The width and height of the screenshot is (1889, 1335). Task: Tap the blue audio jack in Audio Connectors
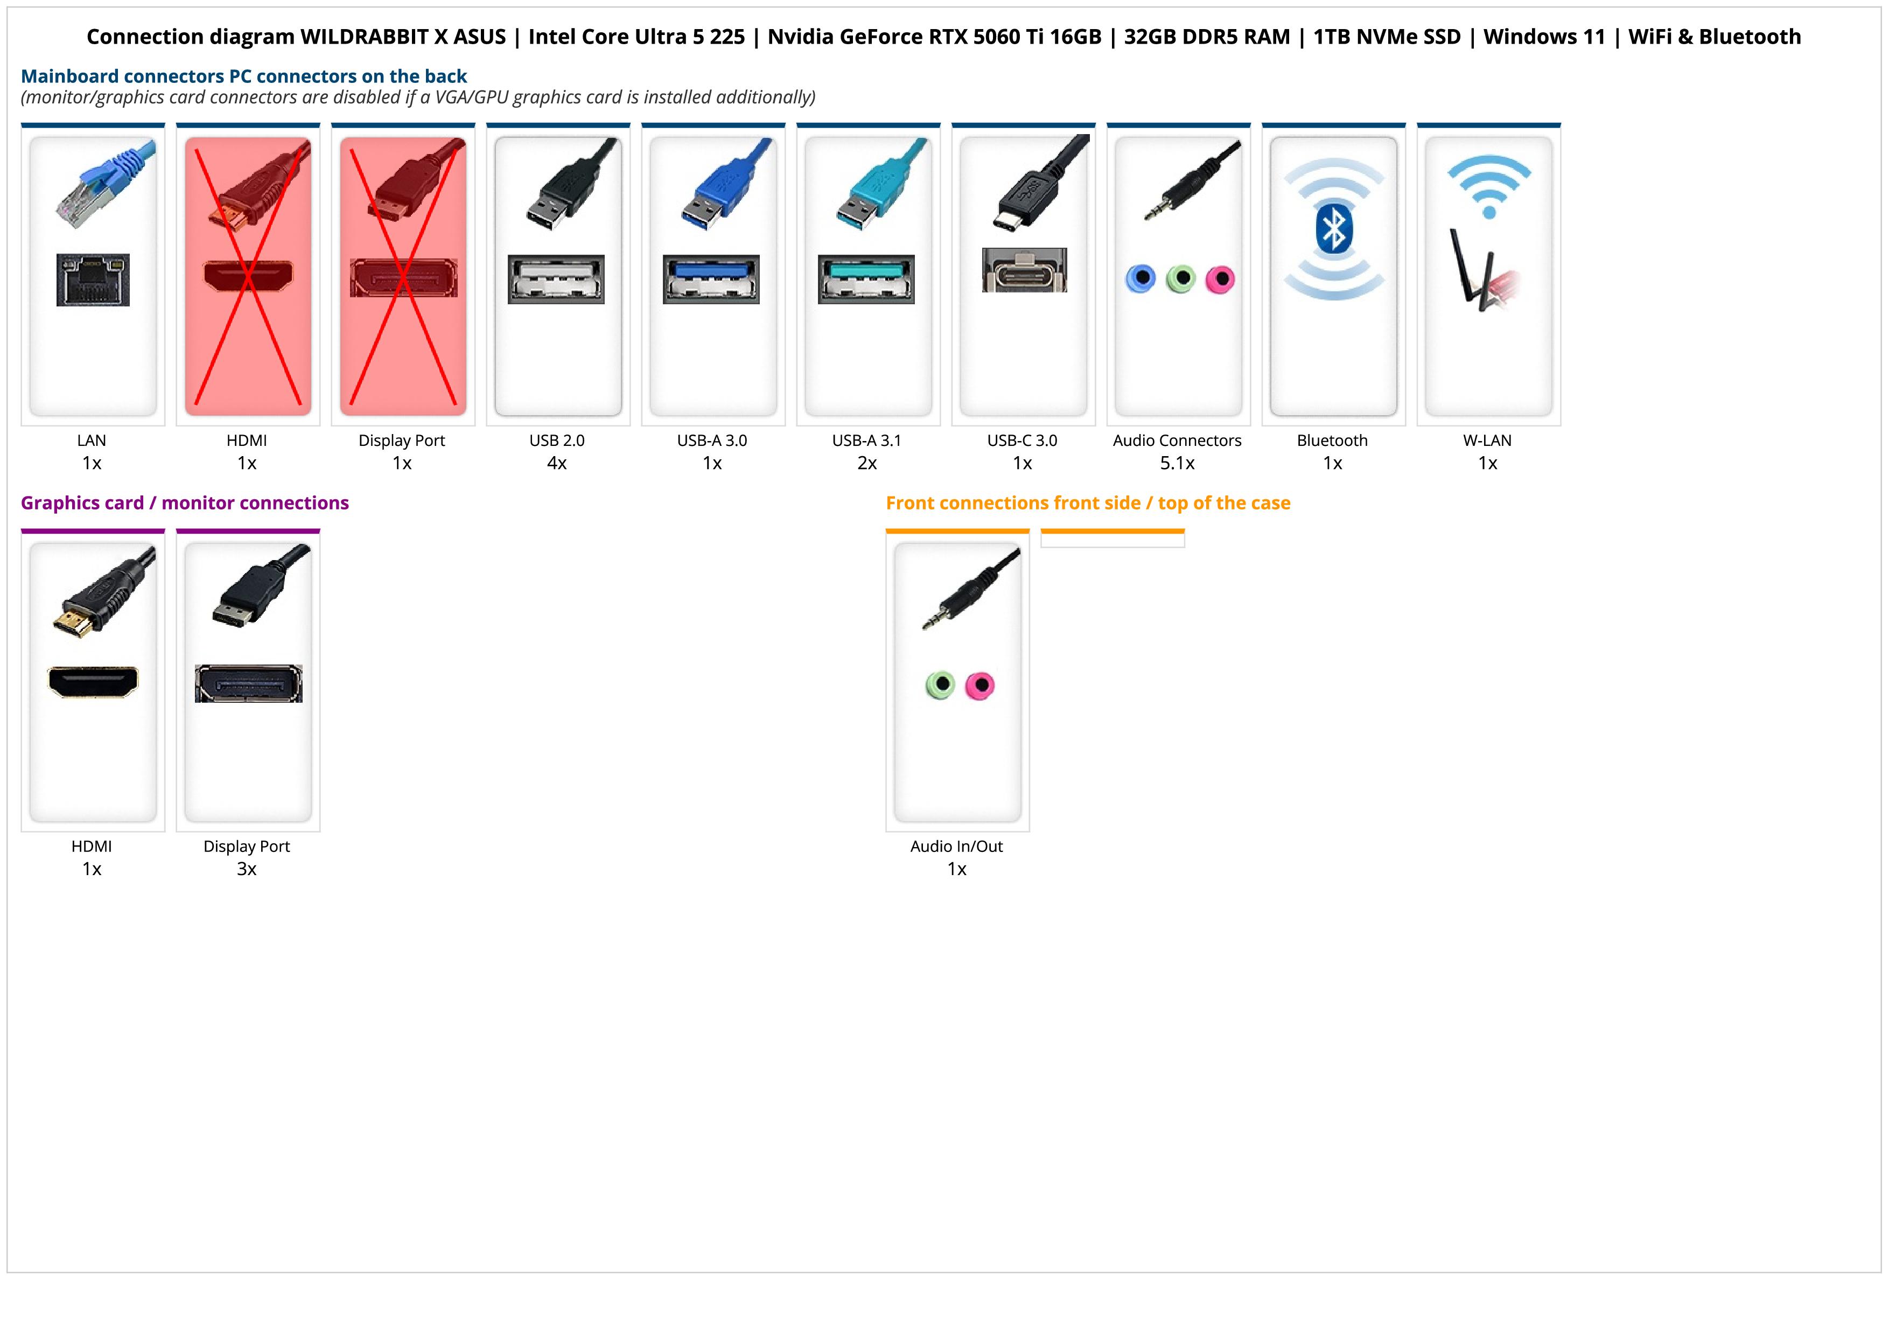pos(1141,279)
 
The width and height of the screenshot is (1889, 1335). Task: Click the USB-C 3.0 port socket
pos(1024,270)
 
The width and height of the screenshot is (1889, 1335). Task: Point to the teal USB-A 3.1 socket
pos(865,279)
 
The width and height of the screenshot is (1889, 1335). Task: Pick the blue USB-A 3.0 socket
pos(711,279)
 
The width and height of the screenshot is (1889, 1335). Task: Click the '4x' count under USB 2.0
pos(557,463)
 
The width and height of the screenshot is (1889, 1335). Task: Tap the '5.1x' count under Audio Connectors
pos(1177,463)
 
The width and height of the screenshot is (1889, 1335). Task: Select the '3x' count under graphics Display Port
pos(247,869)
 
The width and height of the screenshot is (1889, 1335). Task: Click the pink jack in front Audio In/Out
pos(979,685)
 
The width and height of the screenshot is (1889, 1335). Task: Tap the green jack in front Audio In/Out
pos(940,684)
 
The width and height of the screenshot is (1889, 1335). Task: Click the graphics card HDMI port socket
pos(93,681)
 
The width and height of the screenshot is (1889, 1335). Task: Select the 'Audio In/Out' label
pos(956,847)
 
